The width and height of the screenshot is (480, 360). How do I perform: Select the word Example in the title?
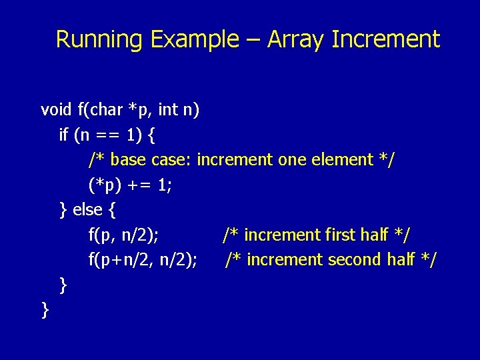pyautogui.click(x=194, y=39)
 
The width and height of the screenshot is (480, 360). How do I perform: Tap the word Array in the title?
pyautogui.click(x=296, y=39)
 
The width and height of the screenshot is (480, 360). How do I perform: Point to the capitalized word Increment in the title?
pyautogui.click(x=386, y=39)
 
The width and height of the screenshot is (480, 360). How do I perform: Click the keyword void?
pyautogui.click(x=56, y=109)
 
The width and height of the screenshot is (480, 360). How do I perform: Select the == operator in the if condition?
pyautogui.click(x=109, y=135)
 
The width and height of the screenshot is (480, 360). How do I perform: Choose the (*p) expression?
pyautogui.click(x=103, y=185)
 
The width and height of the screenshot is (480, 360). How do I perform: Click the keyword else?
pyautogui.click(x=87, y=210)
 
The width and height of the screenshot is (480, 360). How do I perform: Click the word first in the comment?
pyautogui.click(x=339, y=235)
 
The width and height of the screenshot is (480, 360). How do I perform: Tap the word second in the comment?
pyautogui.click(x=355, y=259)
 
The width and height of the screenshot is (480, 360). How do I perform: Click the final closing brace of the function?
pyautogui.click(x=45, y=310)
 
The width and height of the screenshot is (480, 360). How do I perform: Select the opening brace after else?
pyautogui.click(x=111, y=211)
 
